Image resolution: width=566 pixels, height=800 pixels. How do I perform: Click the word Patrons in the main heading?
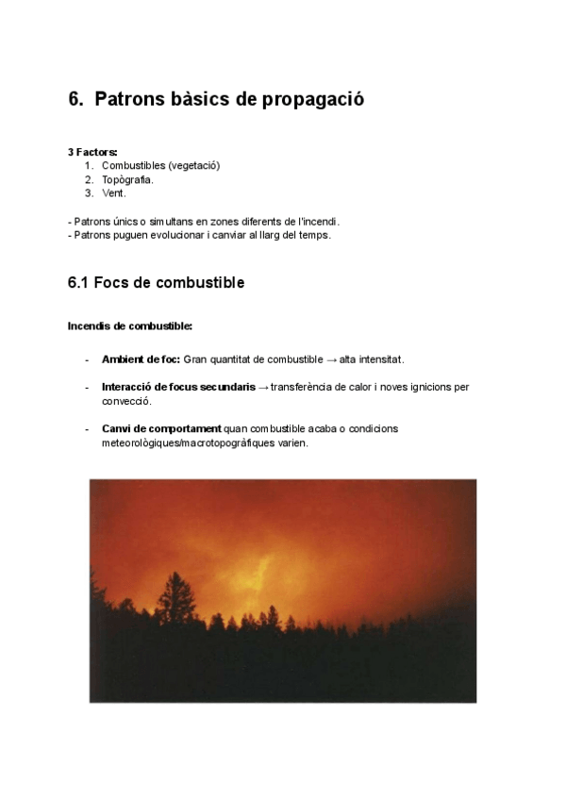click(132, 99)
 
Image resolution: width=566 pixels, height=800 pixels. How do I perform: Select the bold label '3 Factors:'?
click(92, 152)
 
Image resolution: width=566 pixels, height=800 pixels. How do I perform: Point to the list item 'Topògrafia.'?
click(127, 179)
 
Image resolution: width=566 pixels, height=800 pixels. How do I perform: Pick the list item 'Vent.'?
click(113, 193)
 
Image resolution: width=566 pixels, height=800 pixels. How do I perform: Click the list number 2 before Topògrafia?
click(88, 179)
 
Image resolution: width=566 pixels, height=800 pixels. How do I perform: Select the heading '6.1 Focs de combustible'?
click(156, 283)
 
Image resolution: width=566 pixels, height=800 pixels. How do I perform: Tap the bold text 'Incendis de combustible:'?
click(130, 326)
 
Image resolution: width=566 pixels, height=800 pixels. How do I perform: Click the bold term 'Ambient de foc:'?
click(141, 359)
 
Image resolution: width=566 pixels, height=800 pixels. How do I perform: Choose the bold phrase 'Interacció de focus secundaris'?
click(178, 387)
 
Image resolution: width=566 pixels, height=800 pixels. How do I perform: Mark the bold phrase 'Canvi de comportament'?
click(161, 428)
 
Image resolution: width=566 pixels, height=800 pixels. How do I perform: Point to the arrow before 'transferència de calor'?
click(263, 387)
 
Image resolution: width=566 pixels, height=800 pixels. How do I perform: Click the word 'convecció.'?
click(126, 401)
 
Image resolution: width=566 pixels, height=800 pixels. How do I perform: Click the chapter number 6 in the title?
click(75, 99)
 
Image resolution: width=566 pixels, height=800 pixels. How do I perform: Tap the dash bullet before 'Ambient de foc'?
click(87, 359)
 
